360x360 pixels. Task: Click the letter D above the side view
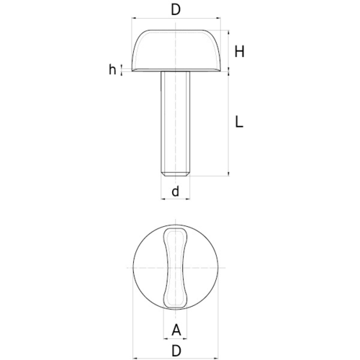(x=176, y=10)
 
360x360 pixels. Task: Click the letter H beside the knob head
(x=239, y=51)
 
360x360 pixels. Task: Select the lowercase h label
(x=112, y=70)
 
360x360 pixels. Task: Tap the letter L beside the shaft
(x=239, y=122)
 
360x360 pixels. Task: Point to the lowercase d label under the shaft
(x=176, y=192)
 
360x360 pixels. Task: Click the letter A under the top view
(x=176, y=330)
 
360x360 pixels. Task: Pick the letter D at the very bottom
(x=176, y=351)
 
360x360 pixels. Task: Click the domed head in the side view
(x=176, y=50)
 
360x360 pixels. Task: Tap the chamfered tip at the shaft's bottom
(x=176, y=174)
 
